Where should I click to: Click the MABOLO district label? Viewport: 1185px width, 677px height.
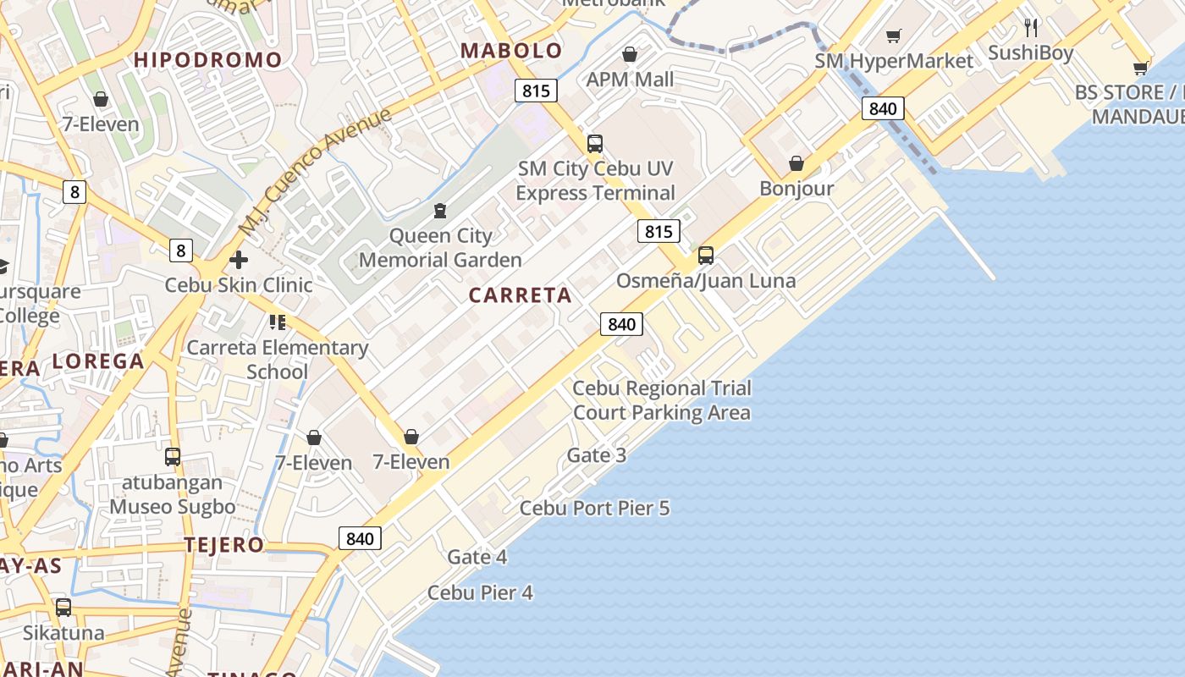(511, 51)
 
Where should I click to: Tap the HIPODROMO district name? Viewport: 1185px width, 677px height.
(207, 60)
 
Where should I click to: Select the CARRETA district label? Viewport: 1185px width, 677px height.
(520, 295)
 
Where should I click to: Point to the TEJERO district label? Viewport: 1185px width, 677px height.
(224, 545)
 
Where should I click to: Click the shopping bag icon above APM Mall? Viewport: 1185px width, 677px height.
(630, 55)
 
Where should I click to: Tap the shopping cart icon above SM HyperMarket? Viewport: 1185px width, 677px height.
(894, 36)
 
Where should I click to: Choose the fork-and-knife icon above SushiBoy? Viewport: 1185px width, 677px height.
(1031, 28)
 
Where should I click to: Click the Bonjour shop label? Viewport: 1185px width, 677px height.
(796, 188)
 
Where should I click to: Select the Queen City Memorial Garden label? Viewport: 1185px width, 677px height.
(440, 247)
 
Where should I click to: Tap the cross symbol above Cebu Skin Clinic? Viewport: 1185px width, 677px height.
(239, 260)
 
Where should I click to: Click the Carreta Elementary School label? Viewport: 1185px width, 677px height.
(278, 359)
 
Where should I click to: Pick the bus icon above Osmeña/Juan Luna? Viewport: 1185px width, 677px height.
(706, 255)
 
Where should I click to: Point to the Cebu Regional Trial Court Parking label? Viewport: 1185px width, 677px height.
(662, 400)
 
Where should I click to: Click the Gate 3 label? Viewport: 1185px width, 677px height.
(597, 455)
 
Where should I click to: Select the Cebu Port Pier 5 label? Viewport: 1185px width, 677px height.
(594, 508)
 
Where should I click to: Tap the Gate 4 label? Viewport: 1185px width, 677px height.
(477, 557)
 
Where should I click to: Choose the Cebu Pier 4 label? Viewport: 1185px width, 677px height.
(480, 592)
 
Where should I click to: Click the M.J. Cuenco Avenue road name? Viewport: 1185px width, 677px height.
(315, 172)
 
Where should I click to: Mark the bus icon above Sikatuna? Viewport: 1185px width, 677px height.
(63, 608)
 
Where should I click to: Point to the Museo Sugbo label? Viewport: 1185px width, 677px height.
(173, 507)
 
